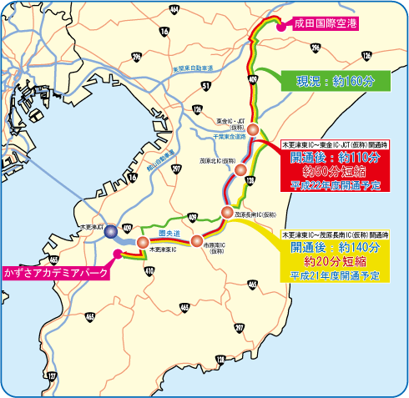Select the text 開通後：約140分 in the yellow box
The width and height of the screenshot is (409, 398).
[x=335, y=248]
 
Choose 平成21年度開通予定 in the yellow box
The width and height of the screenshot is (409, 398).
[x=335, y=275]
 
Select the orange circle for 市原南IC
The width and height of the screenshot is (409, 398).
[x=197, y=240]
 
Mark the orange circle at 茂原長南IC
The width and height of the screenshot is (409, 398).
[x=226, y=211]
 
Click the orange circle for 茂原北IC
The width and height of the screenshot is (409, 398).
[x=240, y=170]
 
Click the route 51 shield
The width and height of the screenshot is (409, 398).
[x=205, y=85]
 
